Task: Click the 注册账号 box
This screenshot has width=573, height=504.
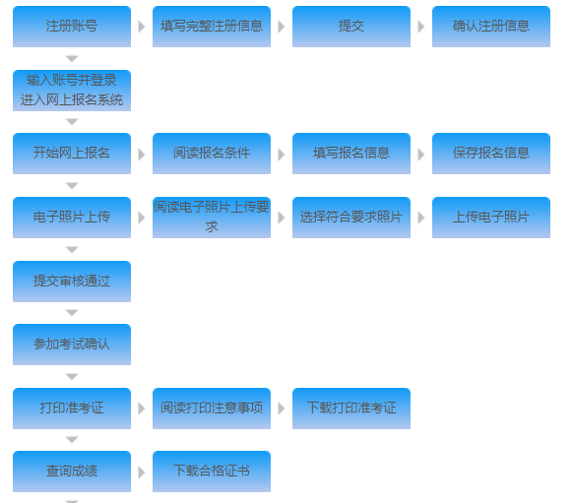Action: pyautogui.click(x=72, y=27)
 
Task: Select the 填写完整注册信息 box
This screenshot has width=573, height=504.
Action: pyautogui.click(x=212, y=27)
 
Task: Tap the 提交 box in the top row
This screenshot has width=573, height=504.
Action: pyautogui.click(x=351, y=27)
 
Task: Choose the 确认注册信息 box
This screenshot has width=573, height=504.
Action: pyautogui.click(x=491, y=27)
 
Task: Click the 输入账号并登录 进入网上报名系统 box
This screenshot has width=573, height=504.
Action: pyautogui.click(x=72, y=91)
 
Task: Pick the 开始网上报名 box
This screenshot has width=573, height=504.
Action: pyautogui.click(x=72, y=154)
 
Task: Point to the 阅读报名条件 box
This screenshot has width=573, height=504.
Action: pyautogui.click(x=212, y=154)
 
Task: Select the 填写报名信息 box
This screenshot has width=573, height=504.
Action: pyautogui.click(x=351, y=154)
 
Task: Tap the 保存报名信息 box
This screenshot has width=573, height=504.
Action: pyautogui.click(x=491, y=154)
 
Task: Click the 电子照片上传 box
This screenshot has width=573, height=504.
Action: pyautogui.click(x=72, y=218)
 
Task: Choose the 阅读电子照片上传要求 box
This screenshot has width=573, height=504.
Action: pyautogui.click(x=212, y=218)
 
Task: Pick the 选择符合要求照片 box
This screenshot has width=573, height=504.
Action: pyautogui.click(x=351, y=218)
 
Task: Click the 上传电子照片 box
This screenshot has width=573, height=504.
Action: pyautogui.click(x=491, y=218)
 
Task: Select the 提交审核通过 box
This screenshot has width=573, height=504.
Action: pyautogui.click(x=72, y=282)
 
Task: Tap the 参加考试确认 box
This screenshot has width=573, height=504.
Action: pyautogui.click(x=72, y=345)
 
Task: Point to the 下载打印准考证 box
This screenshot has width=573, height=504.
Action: pyautogui.click(x=351, y=409)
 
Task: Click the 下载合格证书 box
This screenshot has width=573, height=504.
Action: pyautogui.click(x=212, y=472)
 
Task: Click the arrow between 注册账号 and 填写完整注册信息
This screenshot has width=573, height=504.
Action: pyautogui.click(x=142, y=27)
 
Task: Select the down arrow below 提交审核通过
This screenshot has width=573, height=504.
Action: pyautogui.click(x=72, y=313)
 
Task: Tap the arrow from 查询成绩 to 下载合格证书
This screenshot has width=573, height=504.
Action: pyautogui.click(x=142, y=472)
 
